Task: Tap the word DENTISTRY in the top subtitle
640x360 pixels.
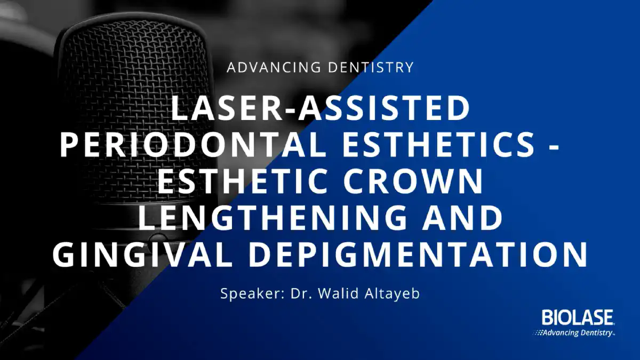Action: point(371,67)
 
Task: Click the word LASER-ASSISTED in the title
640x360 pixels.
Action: point(321,109)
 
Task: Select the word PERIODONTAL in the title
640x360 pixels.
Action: point(193,145)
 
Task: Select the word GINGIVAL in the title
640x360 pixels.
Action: point(142,254)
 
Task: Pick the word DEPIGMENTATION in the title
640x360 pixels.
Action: point(418,254)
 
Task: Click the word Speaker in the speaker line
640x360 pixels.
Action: point(252,294)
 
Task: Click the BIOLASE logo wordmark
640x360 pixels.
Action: point(577,317)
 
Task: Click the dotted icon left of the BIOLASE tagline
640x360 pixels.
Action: point(538,333)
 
